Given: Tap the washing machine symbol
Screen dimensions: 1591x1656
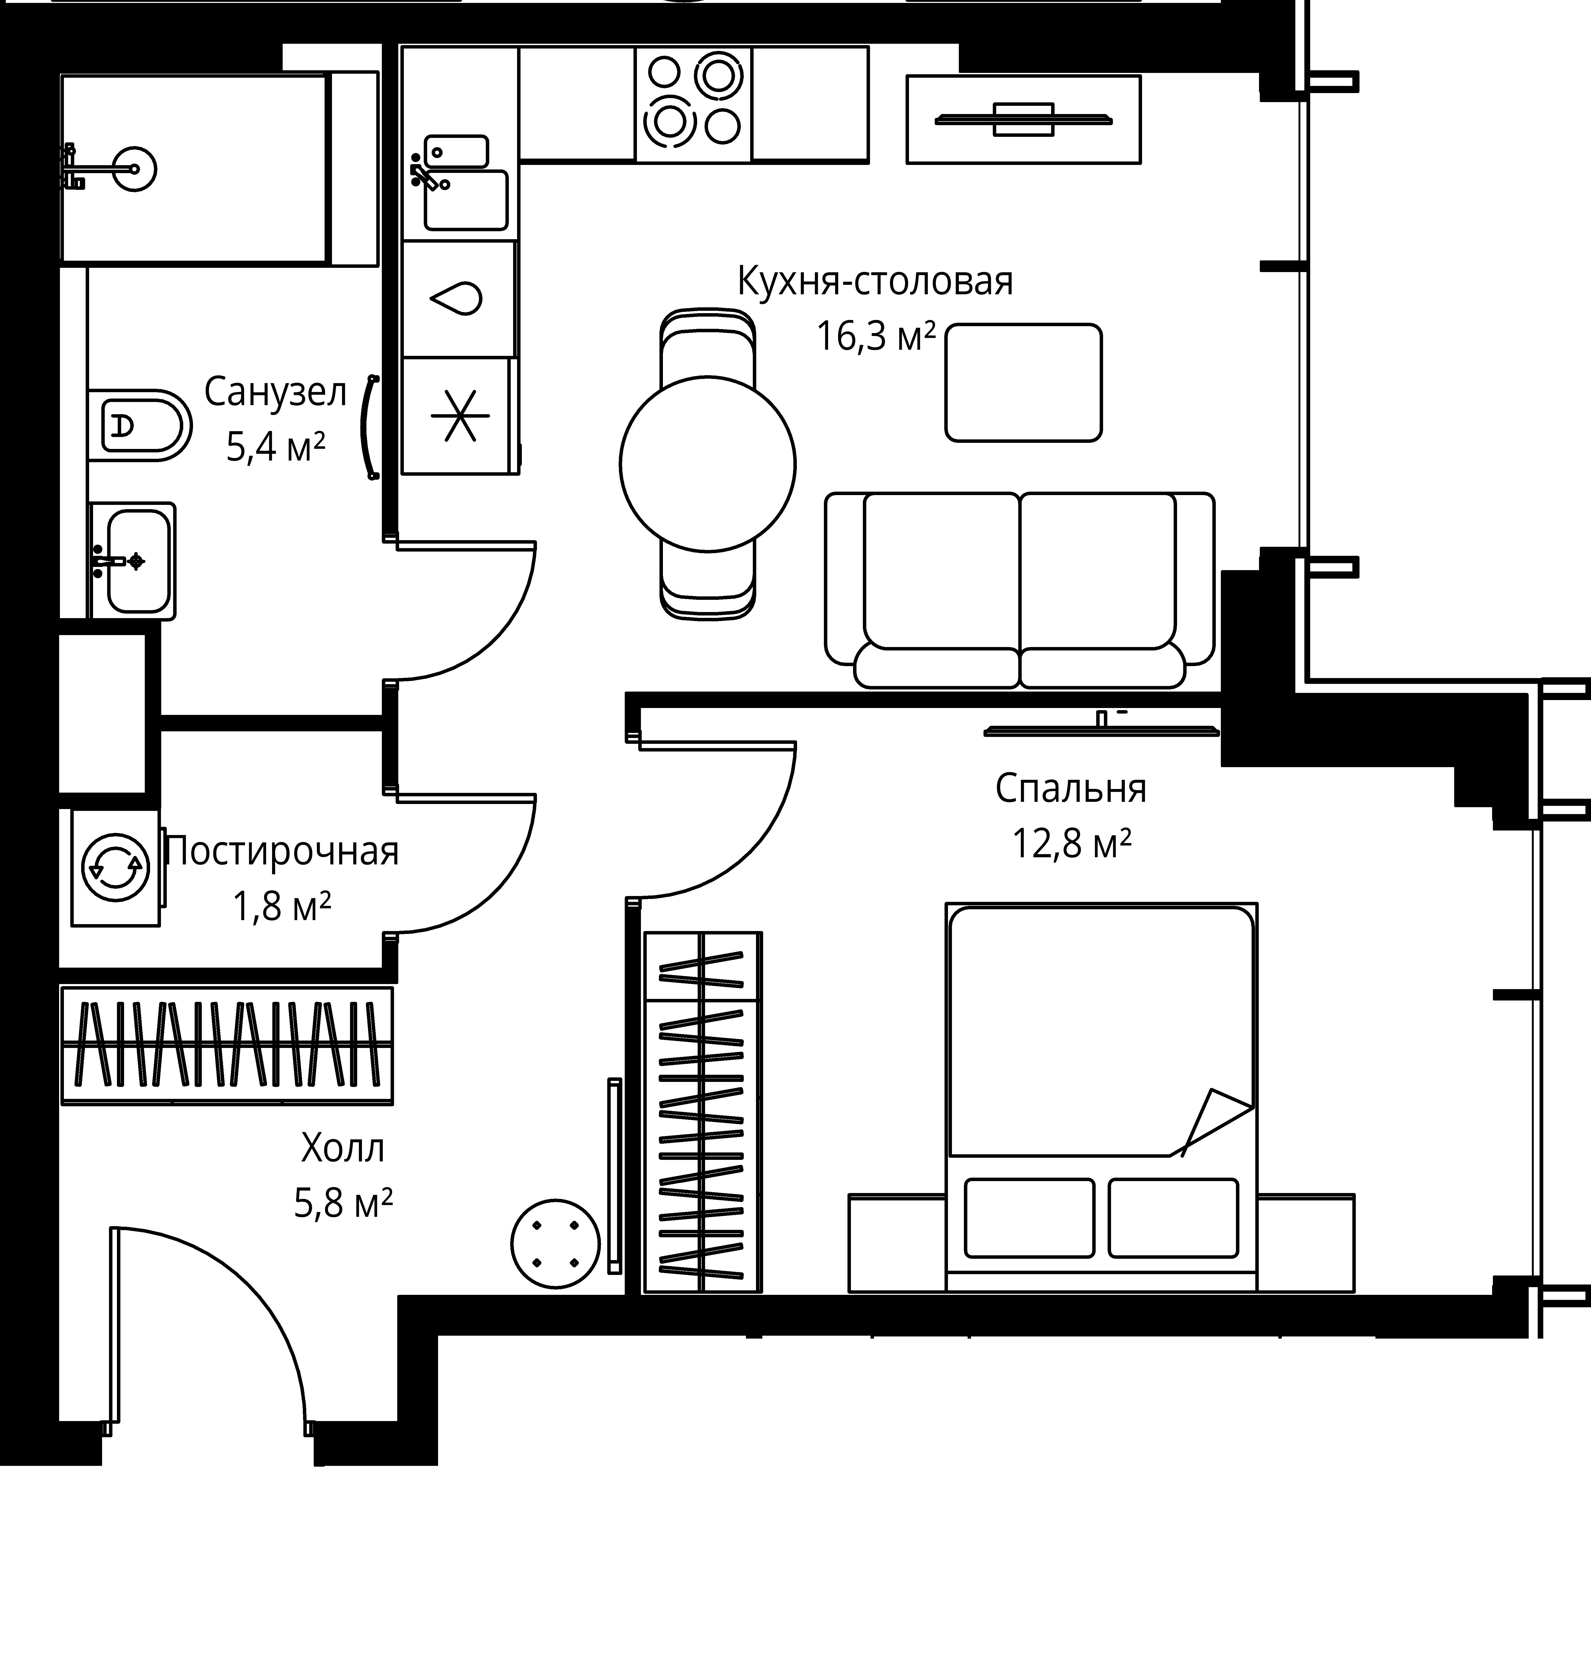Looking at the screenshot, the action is (116, 867).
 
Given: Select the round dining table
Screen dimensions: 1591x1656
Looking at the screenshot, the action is (707, 463).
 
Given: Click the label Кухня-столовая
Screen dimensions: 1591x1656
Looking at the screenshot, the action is (875, 281).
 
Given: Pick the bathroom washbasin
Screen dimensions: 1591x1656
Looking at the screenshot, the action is (133, 561).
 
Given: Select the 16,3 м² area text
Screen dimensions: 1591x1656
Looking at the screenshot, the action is (875, 336).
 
